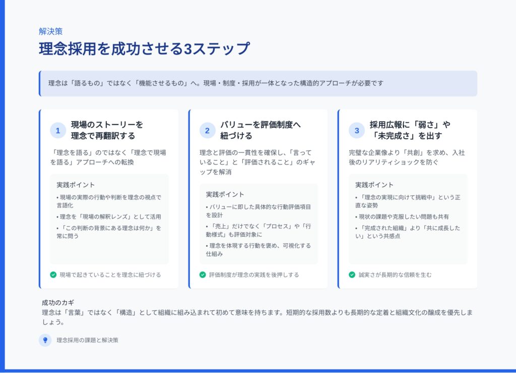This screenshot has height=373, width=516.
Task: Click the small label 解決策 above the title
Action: coord(51,31)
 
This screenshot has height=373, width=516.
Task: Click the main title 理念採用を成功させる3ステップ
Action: coord(145,49)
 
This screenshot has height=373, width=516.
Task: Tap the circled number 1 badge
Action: coord(58,131)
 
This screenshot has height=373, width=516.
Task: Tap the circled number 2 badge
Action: coord(207,131)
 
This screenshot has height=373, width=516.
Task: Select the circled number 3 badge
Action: coord(357,131)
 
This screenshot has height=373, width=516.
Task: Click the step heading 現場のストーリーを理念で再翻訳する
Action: coord(107,130)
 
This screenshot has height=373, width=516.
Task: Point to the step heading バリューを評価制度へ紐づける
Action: coord(261,130)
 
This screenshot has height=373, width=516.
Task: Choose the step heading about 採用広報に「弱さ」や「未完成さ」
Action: coord(410,130)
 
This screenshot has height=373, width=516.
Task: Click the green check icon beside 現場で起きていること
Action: coord(53,275)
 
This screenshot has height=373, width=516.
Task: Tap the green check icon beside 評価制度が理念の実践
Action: coord(203,275)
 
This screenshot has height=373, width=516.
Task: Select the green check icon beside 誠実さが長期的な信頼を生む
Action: coord(352,275)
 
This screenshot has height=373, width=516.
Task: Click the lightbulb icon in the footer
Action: coord(45,340)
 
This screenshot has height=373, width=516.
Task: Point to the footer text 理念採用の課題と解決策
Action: coord(87,340)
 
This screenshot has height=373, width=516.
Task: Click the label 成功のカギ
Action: coord(58,302)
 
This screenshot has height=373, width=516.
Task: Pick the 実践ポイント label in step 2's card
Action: coord(225,194)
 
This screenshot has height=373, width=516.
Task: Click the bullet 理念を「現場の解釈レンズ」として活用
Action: coord(109,217)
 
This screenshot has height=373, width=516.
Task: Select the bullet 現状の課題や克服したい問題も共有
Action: coord(402,217)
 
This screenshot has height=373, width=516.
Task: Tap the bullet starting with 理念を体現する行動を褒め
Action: coord(259,250)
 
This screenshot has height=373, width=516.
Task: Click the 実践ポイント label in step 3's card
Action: coord(374,185)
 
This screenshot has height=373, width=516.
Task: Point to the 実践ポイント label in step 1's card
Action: coord(76,185)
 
